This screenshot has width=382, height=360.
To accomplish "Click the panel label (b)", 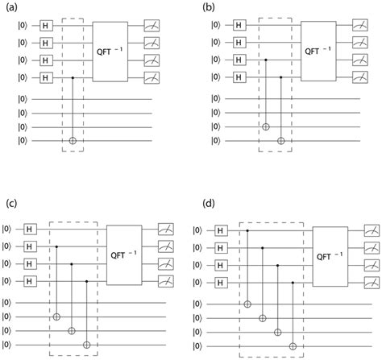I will [203, 6].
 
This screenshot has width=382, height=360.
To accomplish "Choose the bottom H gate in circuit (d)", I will [220, 282].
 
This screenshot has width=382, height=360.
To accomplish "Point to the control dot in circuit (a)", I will [75, 77].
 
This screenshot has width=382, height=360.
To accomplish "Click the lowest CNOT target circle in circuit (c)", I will [86, 345].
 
